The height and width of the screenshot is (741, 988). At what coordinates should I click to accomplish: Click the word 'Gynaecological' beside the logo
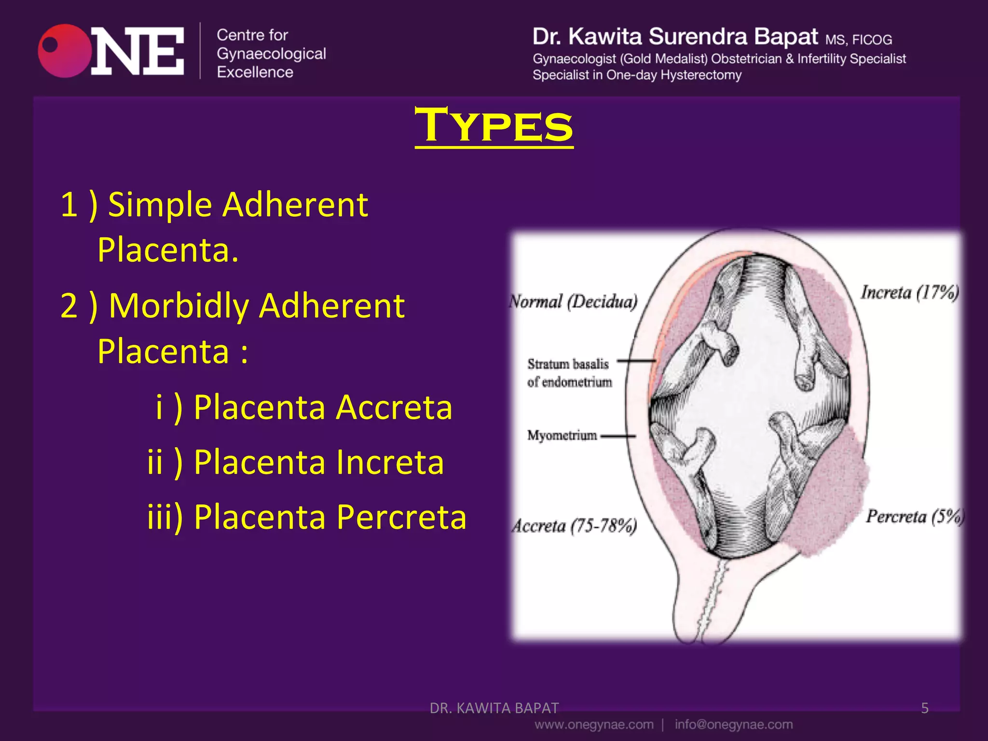(271, 54)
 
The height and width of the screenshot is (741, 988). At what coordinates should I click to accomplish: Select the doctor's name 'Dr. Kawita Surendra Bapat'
(675, 37)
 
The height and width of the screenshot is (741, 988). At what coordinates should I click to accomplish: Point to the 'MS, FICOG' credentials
(858, 40)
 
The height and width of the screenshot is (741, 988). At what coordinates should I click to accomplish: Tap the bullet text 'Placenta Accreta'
(323, 407)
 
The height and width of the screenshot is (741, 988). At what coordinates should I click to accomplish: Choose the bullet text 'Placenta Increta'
(318, 462)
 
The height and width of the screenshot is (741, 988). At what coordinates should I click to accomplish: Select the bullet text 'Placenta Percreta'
(330, 517)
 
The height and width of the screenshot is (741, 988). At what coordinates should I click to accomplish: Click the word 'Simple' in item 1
(160, 205)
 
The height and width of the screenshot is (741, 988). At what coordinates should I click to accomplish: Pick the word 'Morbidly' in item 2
(178, 306)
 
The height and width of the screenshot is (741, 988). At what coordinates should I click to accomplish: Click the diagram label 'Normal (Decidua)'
(573, 302)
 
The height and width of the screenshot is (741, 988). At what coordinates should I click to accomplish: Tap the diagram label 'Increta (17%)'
(909, 292)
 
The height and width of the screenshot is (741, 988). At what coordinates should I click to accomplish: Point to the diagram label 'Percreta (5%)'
(914, 517)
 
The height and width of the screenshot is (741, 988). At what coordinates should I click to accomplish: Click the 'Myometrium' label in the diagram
(562, 436)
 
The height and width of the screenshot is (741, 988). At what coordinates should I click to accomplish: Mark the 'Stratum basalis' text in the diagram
(568, 364)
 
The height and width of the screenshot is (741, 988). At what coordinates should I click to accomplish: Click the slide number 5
(924, 708)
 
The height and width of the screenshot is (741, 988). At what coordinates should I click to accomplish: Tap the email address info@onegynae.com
(733, 725)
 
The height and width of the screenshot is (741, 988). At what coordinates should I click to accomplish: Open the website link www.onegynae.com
(594, 725)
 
